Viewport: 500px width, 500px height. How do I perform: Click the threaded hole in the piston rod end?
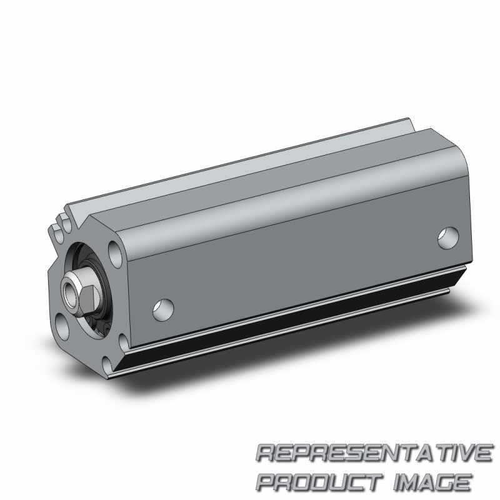tap(69, 291)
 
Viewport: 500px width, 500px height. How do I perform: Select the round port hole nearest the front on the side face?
tap(163, 310)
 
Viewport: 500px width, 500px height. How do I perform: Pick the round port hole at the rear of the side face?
tap(448, 238)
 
